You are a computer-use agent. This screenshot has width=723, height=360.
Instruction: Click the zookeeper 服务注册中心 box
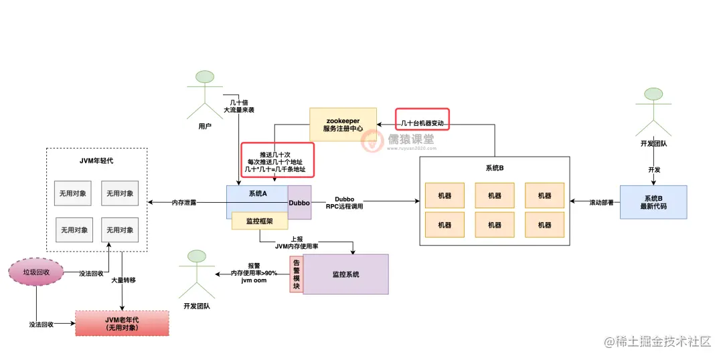[343, 124]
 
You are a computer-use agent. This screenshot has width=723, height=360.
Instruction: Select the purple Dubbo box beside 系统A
[300, 202]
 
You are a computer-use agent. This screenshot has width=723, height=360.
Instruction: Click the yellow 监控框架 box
[260, 220]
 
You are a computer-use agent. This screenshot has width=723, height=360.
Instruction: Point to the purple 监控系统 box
[345, 274]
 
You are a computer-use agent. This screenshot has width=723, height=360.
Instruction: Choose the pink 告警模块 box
[296, 274]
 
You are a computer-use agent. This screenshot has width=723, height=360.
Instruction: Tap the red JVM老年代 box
[122, 323]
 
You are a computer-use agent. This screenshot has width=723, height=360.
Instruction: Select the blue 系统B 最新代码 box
[653, 202]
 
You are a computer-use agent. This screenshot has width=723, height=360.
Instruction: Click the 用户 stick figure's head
[205, 78]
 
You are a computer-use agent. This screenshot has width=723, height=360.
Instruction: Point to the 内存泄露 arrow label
[184, 202]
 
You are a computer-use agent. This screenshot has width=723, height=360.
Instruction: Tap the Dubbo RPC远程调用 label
[344, 202]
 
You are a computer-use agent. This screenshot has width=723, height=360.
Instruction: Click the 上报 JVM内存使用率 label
[297, 243]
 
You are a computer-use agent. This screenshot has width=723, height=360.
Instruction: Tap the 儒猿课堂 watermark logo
[372, 140]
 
